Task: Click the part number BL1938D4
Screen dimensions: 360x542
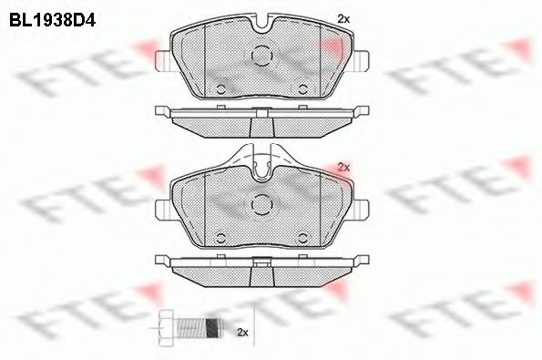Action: pos(52,15)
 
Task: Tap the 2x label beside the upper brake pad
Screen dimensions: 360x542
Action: pos(343,18)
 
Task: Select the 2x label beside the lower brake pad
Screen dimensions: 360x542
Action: pos(343,167)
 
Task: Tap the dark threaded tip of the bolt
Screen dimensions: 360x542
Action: pos(214,325)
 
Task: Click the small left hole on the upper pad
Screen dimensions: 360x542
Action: pos(221,88)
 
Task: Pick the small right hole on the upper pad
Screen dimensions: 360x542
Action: pos(302,88)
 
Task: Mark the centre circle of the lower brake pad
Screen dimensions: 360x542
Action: pos(262,204)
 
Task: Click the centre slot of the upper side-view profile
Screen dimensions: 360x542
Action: pos(261,112)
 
